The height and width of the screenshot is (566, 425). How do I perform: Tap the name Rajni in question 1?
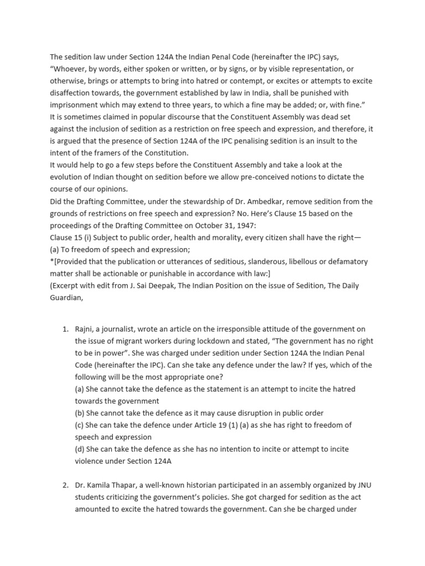coord(86,329)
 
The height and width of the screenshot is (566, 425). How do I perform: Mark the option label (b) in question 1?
coord(80,413)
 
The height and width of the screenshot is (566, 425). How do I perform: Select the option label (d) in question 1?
coord(80,449)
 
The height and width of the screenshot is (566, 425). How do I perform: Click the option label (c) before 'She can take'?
coord(80,425)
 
